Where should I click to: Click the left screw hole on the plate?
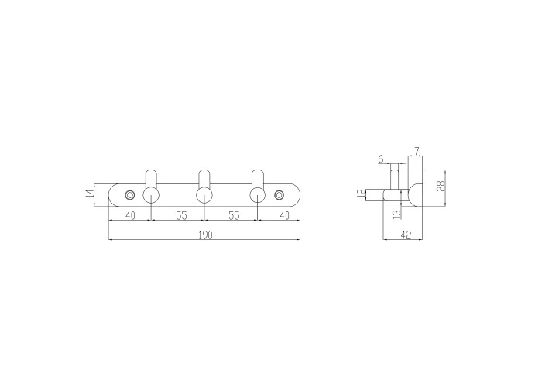click(x=130, y=195)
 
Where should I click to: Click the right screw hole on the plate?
click(x=279, y=195)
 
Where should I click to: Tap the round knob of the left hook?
click(x=151, y=195)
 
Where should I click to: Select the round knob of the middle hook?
click(x=204, y=195)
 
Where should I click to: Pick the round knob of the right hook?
click(x=258, y=195)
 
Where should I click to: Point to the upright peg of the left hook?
click(x=151, y=179)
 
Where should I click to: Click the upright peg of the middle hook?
click(x=204, y=179)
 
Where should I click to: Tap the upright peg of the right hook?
click(x=258, y=179)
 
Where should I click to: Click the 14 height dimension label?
click(x=90, y=193)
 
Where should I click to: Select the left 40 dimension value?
click(x=130, y=216)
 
